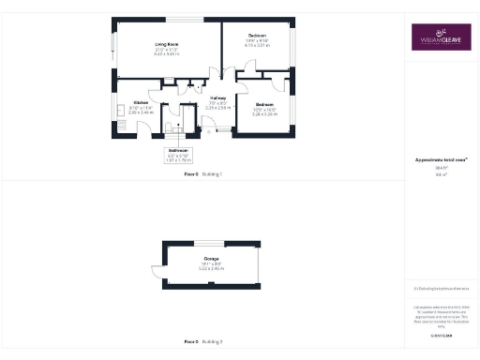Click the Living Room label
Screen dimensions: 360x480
(166, 44)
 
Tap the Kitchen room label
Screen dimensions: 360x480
(140, 102)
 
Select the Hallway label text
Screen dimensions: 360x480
(217, 97)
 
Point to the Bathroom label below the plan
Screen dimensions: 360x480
(178, 150)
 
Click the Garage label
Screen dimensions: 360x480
(212, 258)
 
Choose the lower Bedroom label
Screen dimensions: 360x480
(264, 104)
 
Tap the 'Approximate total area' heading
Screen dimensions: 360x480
(440, 160)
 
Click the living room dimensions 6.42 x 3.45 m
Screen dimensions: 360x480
(166, 53)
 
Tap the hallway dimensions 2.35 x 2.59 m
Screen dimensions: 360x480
(217, 108)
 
